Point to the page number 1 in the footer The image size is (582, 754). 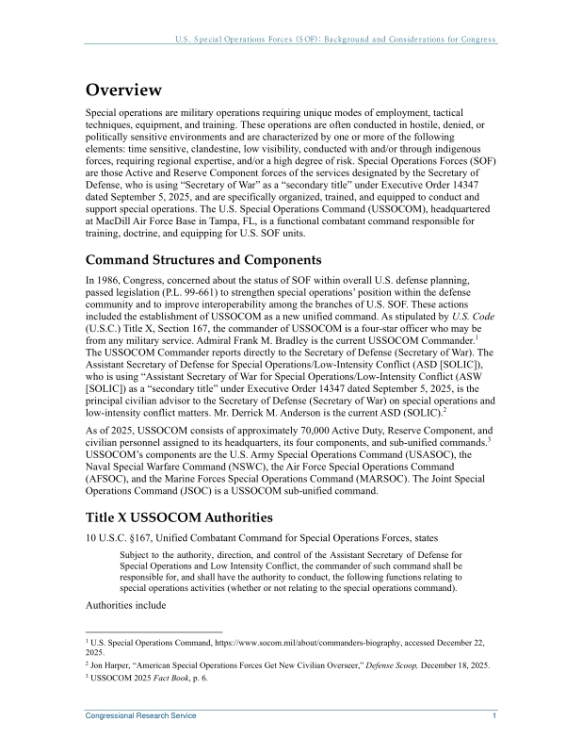[494, 716]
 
